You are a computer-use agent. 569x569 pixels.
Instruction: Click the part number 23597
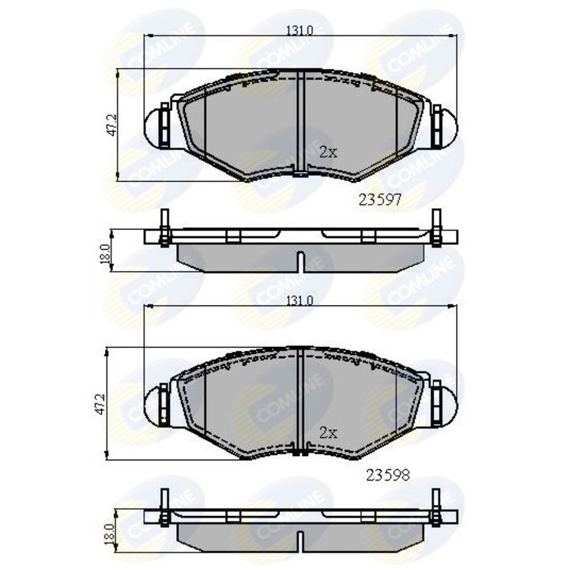[382, 201]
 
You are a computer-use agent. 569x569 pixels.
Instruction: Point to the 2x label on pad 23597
[328, 153]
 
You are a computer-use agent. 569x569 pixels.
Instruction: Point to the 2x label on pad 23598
[328, 431]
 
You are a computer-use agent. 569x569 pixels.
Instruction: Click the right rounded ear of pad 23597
[447, 125]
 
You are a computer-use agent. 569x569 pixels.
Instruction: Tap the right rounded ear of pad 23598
[447, 401]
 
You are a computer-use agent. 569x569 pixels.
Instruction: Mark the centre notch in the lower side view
[301, 541]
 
